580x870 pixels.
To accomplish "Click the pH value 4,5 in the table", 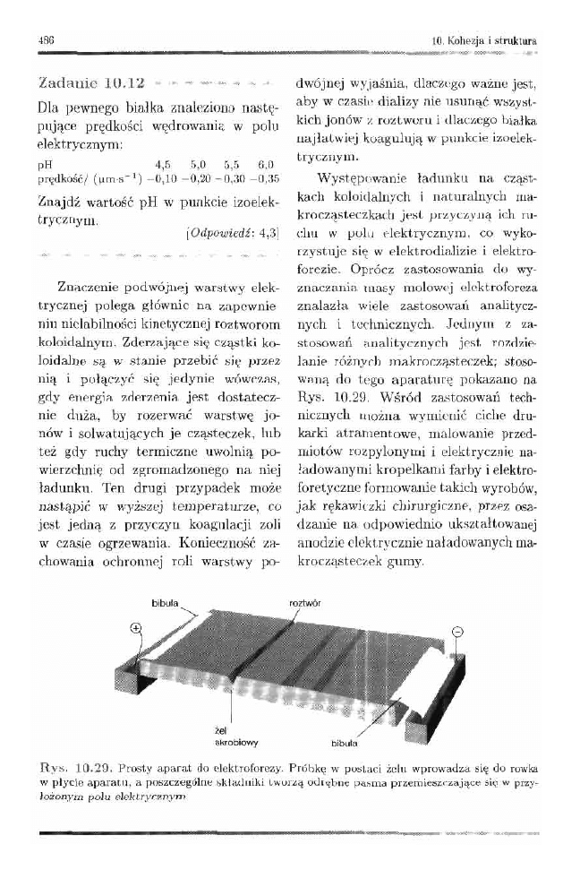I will point(164,165).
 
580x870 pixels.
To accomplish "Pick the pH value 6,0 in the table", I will point(265,165).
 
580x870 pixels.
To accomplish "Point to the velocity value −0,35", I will point(265,177).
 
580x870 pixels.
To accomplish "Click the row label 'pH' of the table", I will point(45,166).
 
